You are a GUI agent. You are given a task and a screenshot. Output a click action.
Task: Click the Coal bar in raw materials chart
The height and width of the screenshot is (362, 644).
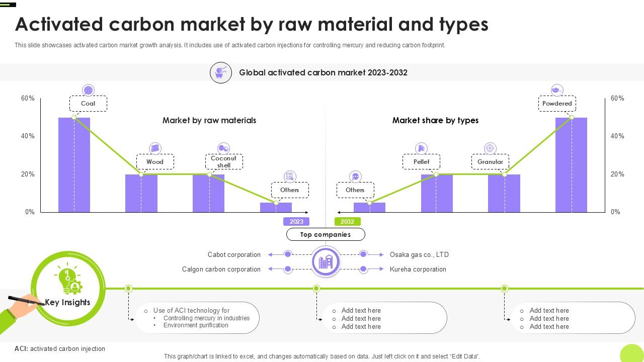pyautogui.click(x=74, y=166)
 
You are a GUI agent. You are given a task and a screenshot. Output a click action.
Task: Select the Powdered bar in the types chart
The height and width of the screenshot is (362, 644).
pyautogui.click(x=571, y=166)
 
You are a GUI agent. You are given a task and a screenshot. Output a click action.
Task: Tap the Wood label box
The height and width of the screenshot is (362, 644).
pyautogui.click(x=155, y=162)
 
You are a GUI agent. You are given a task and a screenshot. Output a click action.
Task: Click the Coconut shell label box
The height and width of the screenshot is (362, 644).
pyautogui.click(x=224, y=162)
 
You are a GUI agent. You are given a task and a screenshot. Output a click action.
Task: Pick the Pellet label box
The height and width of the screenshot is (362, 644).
pyautogui.click(x=422, y=162)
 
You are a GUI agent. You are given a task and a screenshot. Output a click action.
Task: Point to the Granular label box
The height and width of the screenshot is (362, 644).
pyautogui.click(x=490, y=162)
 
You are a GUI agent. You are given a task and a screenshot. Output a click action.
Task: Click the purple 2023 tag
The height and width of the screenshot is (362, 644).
pyautogui.click(x=296, y=222)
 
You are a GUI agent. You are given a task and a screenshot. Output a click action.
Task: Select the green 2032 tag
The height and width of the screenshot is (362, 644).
pyautogui.click(x=347, y=222)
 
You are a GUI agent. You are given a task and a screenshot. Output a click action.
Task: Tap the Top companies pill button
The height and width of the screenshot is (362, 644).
pyautogui.click(x=326, y=234)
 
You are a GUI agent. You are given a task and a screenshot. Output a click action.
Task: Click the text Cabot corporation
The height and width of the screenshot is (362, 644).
pyautogui.click(x=234, y=255)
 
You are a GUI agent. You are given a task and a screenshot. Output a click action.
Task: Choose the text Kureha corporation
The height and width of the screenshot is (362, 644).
pyautogui.click(x=418, y=269)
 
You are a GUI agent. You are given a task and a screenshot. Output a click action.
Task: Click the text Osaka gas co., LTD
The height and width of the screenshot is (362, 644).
pyautogui.click(x=419, y=255)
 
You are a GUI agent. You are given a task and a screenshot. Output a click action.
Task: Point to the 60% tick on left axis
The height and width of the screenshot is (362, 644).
pyautogui.click(x=28, y=99)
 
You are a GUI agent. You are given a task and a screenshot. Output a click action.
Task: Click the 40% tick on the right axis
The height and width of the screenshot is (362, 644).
pyautogui.click(x=617, y=136)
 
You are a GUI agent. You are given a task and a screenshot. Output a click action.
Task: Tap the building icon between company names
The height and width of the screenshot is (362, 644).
pyautogui.click(x=326, y=261)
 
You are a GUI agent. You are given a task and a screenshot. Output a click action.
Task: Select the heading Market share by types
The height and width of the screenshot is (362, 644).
pyautogui.click(x=435, y=121)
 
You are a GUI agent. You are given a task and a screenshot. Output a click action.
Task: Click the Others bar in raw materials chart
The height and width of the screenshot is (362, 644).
pyautogui.click(x=276, y=208)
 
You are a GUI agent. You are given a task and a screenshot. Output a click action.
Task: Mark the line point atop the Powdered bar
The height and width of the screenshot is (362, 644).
pyautogui.click(x=572, y=118)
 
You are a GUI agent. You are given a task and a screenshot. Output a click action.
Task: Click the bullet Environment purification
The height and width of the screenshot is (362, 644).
pyautogui.click(x=196, y=325)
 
